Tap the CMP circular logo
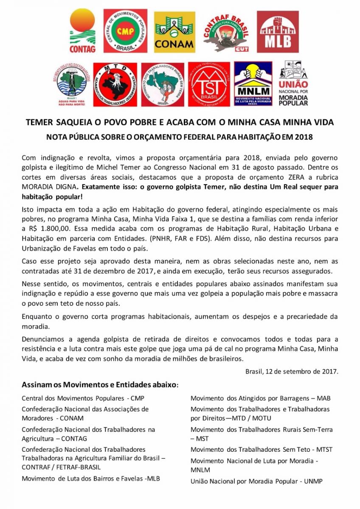pyautogui.click(x=125, y=31)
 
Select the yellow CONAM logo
pyautogui.click(x=174, y=31)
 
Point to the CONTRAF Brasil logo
pyautogui.click(x=225, y=31)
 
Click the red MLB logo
pyautogui.click(x=278, y=31)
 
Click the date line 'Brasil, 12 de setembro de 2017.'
pyautogui.click(x=292, y=372)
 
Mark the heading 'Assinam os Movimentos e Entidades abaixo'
pyautogui.click(x=100, y=385)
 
